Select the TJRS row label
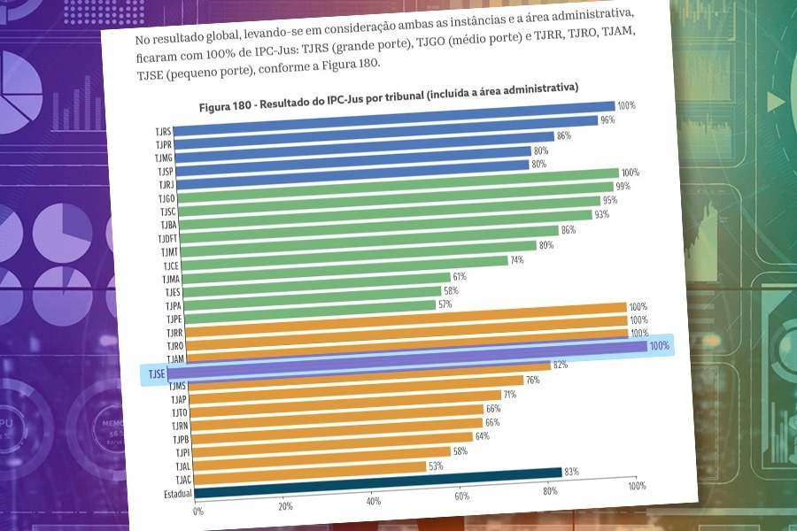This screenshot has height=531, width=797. tap(163, 132)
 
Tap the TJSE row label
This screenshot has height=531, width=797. tap(155, 374)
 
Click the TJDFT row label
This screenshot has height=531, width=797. tap(167, 239)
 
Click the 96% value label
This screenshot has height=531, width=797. tap(607, 119)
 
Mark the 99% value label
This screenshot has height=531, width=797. tap(623, 186)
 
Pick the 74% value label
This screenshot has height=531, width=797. tap(517, 260)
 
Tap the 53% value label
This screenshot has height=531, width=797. tap(435, 466)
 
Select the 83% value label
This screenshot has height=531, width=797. tap(571, 472)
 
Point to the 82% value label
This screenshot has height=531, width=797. tap(560, 365)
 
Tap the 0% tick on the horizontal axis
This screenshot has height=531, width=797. tap(197, 511)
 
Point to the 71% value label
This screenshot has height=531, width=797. tap(509, 395)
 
